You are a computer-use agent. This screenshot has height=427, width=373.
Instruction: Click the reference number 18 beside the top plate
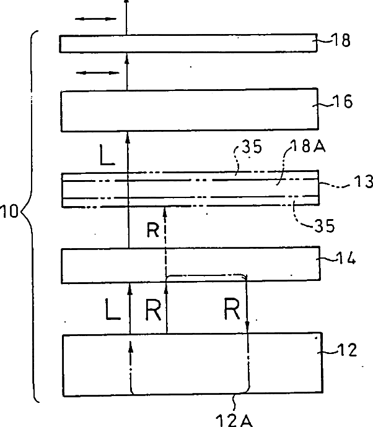pos(342,41)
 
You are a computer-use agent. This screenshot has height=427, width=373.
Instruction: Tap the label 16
pos(343,102)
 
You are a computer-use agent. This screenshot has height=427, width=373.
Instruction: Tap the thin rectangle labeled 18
pos(186,44)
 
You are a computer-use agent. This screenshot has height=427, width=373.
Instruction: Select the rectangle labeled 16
pos(186,111)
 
